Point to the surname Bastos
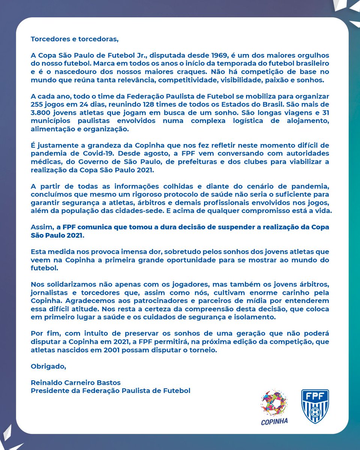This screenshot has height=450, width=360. click(x=110, y=383)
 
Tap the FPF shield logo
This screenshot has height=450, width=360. click(x=315, y=406)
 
